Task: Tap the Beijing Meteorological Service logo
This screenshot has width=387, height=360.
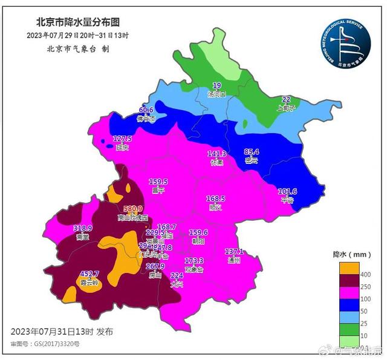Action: click(x=345, y=44)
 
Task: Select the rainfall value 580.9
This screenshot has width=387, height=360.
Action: click(x=132, y=209)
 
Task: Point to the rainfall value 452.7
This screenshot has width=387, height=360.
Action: click(x=89, y=273)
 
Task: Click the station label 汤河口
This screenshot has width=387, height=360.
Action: click(x=216, y=94)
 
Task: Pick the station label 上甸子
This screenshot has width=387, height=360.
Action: click(x=286, y=108)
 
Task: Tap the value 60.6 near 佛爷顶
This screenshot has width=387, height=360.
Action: click(x=146, y=110)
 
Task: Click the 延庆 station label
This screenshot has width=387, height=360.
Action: click(x=123, y=146)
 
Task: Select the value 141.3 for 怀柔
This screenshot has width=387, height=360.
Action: click(x=217, y=154)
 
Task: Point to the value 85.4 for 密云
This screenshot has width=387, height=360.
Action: click(x=251, y=152)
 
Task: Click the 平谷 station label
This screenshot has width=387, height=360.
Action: click(x=287, y=200)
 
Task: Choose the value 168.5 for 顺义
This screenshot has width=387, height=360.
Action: click(x=215, y=198)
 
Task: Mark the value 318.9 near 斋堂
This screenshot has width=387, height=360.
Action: click(x=82, y=228)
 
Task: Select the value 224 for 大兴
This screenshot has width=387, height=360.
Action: click(x=177, y=275)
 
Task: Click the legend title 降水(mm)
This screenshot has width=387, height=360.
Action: click(x=351, y=254)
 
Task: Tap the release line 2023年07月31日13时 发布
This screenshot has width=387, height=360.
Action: click(x=62, y=332)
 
